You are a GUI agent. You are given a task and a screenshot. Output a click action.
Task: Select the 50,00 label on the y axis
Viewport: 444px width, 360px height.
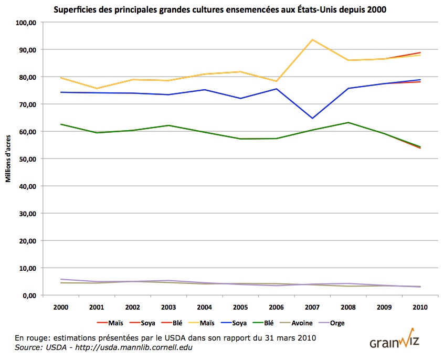pyautogui.click(x=27, y=159)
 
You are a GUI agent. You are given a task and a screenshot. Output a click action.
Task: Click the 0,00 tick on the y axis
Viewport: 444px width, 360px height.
pyautogui.click(x=28, y=295)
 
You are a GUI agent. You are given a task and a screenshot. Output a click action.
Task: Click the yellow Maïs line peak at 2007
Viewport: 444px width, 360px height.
pyautogui.click(x=312, y=40)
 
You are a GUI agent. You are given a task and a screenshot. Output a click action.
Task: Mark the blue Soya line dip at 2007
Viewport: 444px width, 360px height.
pyautogui.click(x=312, y=118)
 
